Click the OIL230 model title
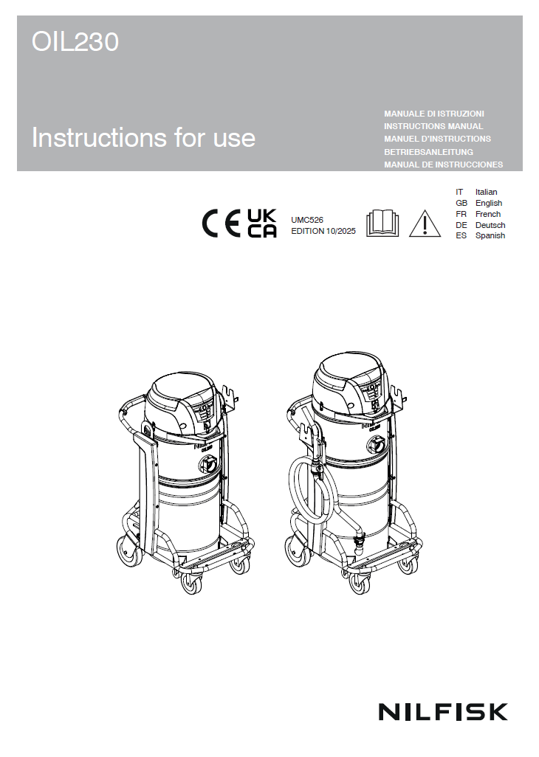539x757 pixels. pyautogui.click(x=75, y=41)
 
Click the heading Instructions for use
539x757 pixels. pyautogui.click(x=143, y=137)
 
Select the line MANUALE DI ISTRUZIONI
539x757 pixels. pyautogui.click(x=433, y=114)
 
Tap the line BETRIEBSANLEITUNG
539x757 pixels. pyautogui.click(x=428, y=152)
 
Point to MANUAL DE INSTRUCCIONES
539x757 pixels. pyautogui.click(x=443, y=165)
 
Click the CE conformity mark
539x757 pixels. pyautogui.click(x=221, y=224)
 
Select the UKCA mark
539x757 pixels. pyautogui.click(x=262, y=223)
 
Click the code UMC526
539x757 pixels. pyautogui.click(x=307, y=220)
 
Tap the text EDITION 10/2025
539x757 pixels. pyautogui.click(x=323, y=231)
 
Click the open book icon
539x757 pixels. pyautogui.click(x=382, y=223)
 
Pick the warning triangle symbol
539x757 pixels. pyautogui.click(x=425, y=224)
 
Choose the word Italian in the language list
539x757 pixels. pyautogui.click(x=486, y=192)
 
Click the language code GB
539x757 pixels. pyautogui.click(x=461, y=203)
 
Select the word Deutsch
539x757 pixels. pyautogui.click(x=490, y=226)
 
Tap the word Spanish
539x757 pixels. pyautogui.click(x=490, y=235)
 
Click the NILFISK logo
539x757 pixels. pyautogui.click(x=443, y=712)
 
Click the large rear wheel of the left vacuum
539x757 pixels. pyautogui.click(x=129, y=551)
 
